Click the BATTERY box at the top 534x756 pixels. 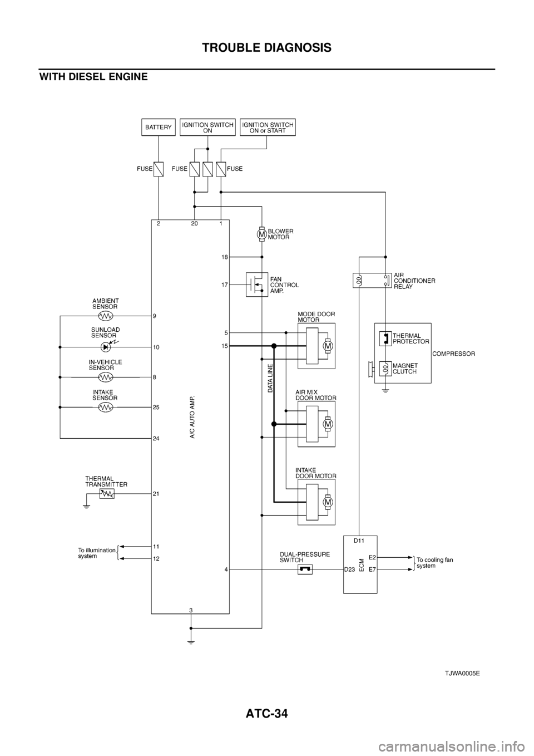tap(159, 127)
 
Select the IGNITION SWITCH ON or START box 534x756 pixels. tap(268, 127)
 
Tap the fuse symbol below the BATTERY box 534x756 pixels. tap(159, 168)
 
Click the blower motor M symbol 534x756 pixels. tap(261, 234)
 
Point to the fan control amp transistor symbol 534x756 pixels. tap(256, 284)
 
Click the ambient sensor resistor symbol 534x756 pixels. tap(105, 316)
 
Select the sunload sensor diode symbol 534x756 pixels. tap(106, 347)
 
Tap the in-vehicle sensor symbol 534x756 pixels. tap(105, 377)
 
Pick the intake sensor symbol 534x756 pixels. tap(105, 408)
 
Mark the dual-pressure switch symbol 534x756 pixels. tap(305, 569)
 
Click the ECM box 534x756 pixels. tap(360, 564)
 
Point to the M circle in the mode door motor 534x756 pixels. tap(328, 346)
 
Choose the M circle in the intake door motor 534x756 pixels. tap(328, 502)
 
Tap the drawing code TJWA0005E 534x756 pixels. tap(462, 672)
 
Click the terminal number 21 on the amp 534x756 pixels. tap(157, 494)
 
